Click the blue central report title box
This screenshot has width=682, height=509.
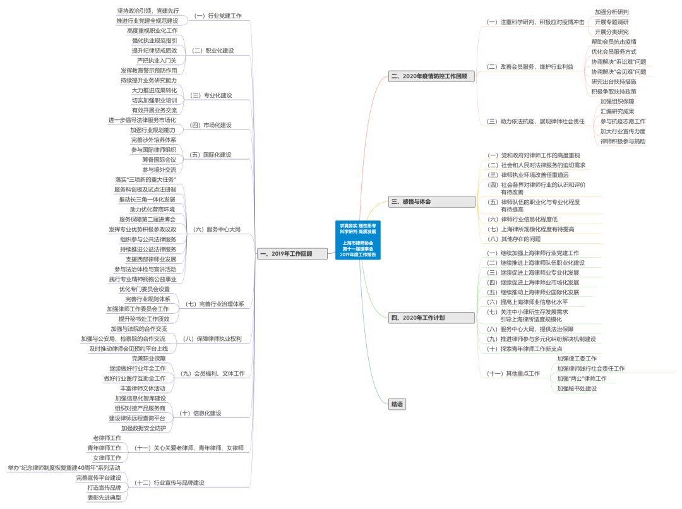(x=358, y=240)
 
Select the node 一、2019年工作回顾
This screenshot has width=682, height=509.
(x=294, y=254)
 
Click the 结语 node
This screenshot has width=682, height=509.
(x=397, y=404)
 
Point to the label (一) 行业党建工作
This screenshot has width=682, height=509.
(x=217, y=16)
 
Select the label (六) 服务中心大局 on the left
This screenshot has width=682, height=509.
(x=217, y=229)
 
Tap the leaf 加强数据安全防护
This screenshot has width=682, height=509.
(x=143, y=428)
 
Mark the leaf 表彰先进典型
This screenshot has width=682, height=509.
(x=104, y=498)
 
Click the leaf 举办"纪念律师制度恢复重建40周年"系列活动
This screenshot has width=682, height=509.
(x=64, y=468)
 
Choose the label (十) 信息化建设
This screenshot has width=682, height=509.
(x=200, y=413)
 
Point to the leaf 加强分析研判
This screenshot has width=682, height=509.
(x=611, y=12)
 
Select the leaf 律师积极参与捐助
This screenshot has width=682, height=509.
(x=623, y=141)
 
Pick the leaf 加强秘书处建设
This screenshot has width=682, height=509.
(x=577, y=388)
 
